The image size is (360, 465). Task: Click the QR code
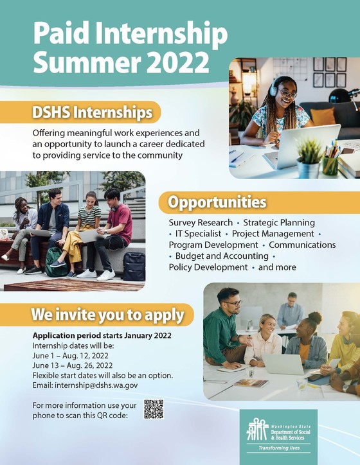pyautogui.click(x=154, y=409)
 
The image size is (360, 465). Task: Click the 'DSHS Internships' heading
pyautogui.click(x=93, y=113)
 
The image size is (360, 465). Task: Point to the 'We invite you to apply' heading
pyautogui.click(x=108, y=315)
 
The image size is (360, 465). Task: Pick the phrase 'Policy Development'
pyautogui.click(x=208, y=267)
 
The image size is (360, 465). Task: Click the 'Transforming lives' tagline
pyautogui.click(x=278, y=447)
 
